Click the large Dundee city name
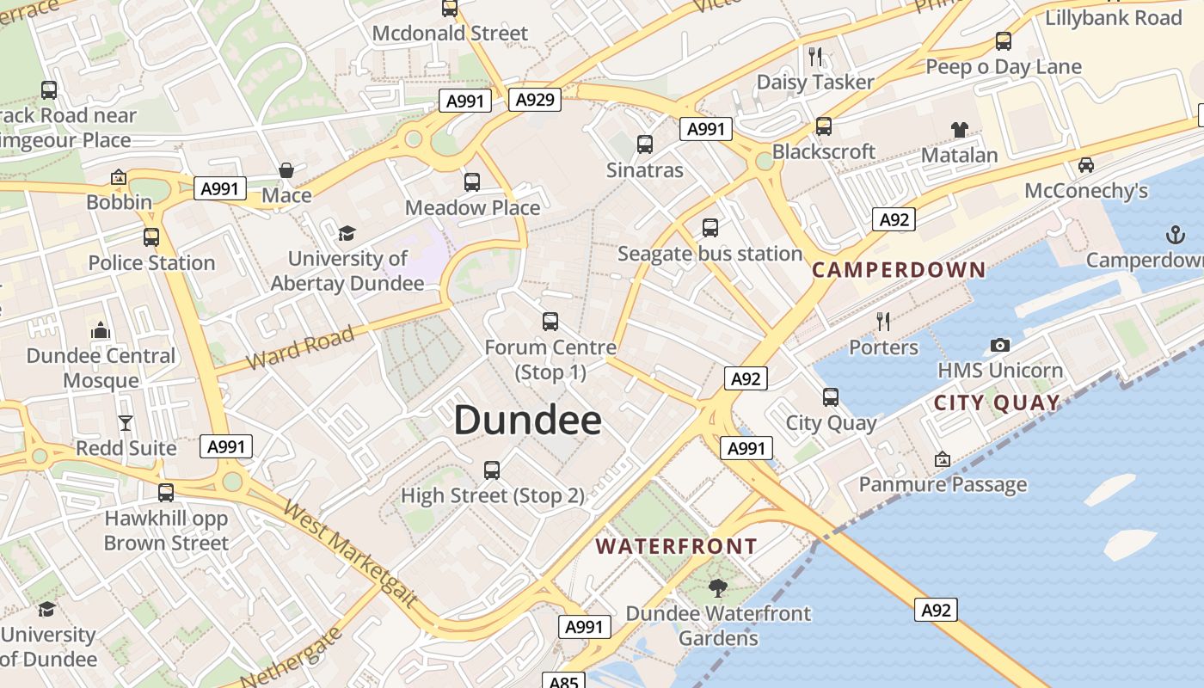point(527,421)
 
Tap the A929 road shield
point(534,100)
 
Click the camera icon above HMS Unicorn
point(999,345)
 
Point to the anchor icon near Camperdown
point(1174,234)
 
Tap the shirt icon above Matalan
point(959,130)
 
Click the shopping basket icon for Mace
point(286,170)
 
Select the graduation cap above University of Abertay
point(347,233)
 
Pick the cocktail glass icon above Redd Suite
point(126,422)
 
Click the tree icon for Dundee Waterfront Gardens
point(717,588)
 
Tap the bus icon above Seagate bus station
point(709,228)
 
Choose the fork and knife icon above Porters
point(883,322)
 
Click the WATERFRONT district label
point(676,546)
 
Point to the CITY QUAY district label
point(997,402)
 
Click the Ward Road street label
point(299,347)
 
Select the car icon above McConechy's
point(1085,165)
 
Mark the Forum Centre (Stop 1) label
point(550,359)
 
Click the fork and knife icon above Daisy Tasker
point(815,57)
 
